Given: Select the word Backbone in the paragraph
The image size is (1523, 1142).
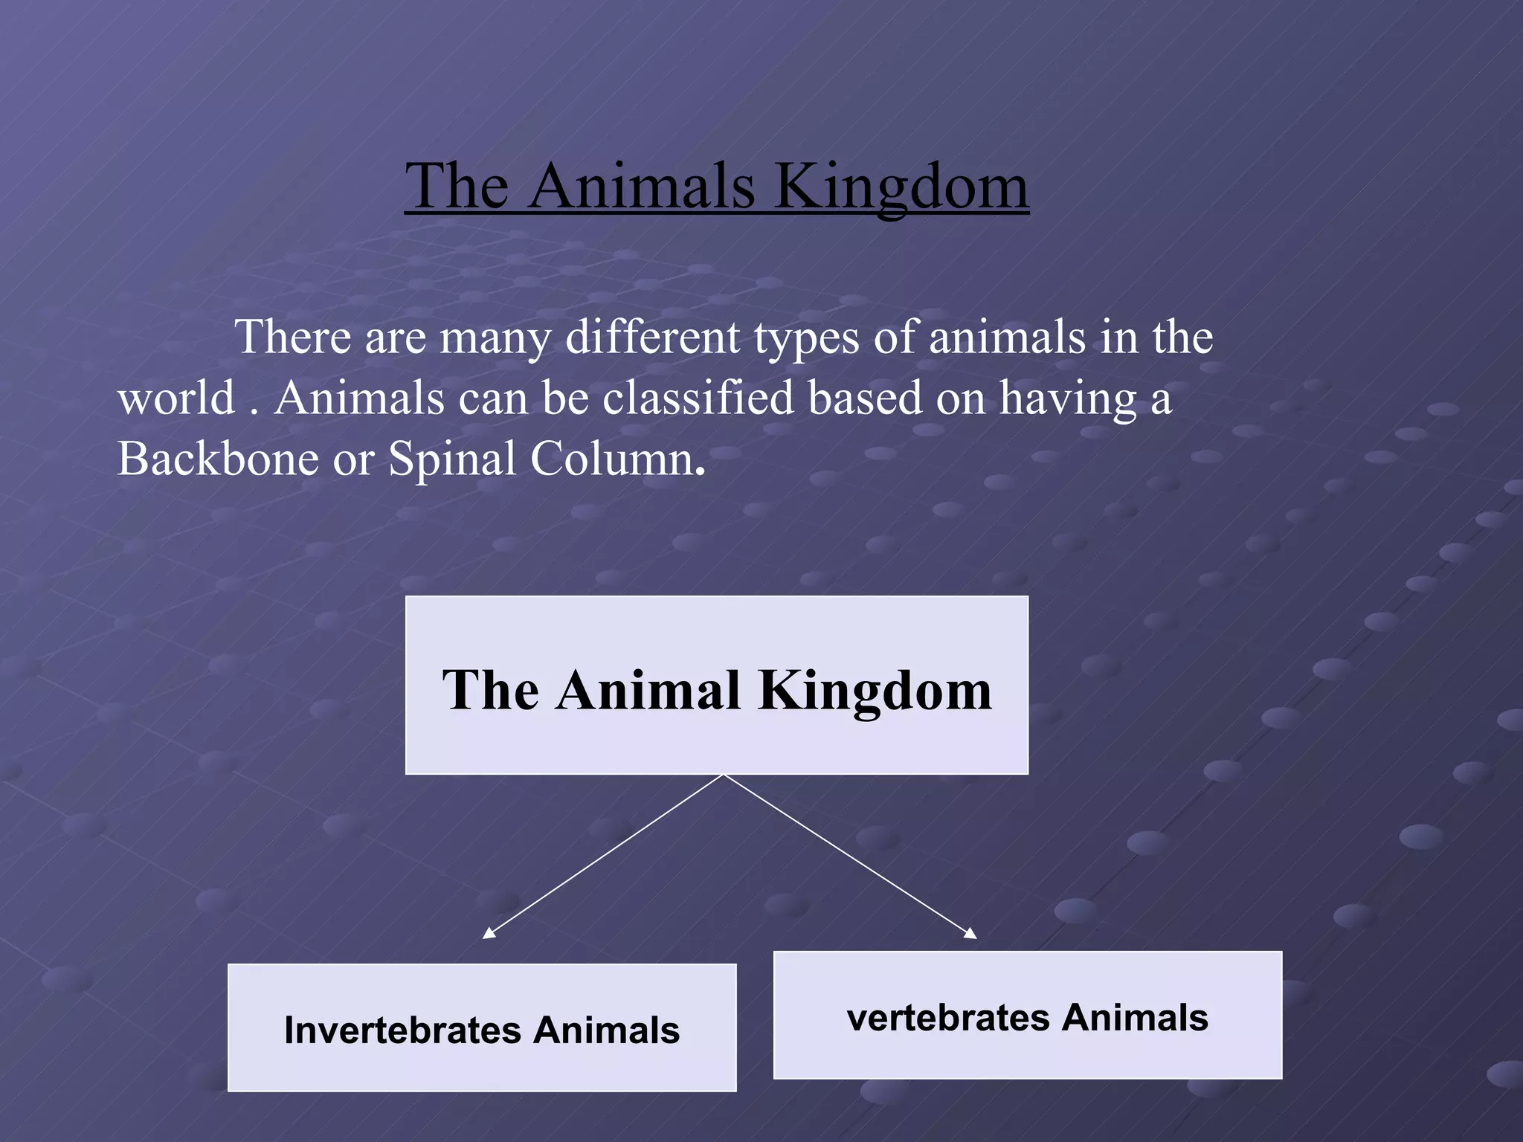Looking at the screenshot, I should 218,458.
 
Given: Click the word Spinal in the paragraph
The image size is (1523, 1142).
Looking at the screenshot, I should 452,458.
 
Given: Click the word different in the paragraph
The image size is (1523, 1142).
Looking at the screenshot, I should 653,338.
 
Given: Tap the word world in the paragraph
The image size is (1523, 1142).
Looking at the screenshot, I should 176,398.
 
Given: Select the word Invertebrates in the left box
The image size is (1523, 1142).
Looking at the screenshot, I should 402,1030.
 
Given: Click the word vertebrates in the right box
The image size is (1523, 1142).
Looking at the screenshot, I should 948,1018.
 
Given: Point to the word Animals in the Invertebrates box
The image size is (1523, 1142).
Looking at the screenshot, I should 605,1030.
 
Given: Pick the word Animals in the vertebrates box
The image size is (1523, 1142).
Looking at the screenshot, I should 1135,1018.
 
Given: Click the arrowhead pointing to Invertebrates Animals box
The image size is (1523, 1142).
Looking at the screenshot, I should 489,934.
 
